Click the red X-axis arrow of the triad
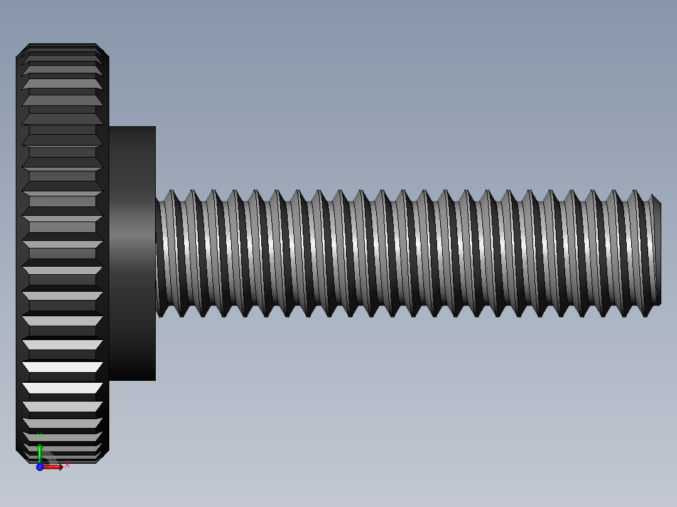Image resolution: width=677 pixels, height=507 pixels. point(54,467)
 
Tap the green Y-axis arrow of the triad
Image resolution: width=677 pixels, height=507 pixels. point(40,451)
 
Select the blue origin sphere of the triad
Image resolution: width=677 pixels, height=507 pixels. point(40,467)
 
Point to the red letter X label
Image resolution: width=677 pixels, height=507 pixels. point(67,464)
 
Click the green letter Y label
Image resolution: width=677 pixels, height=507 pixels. point(39,435)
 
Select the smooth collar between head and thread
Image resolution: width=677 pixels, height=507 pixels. point(132,253)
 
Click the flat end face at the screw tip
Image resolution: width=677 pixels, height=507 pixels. point(657,253)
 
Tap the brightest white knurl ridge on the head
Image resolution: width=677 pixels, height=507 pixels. point(62,367)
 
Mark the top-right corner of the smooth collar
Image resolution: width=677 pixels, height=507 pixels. point(154,127)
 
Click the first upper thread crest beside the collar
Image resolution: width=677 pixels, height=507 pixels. point(173,191)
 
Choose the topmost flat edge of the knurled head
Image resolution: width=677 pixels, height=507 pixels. point(62,44)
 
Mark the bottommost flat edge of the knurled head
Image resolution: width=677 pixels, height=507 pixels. point(62,462)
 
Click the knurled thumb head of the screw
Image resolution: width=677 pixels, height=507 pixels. point(62,253)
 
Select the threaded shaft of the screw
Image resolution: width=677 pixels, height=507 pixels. point(408,253)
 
